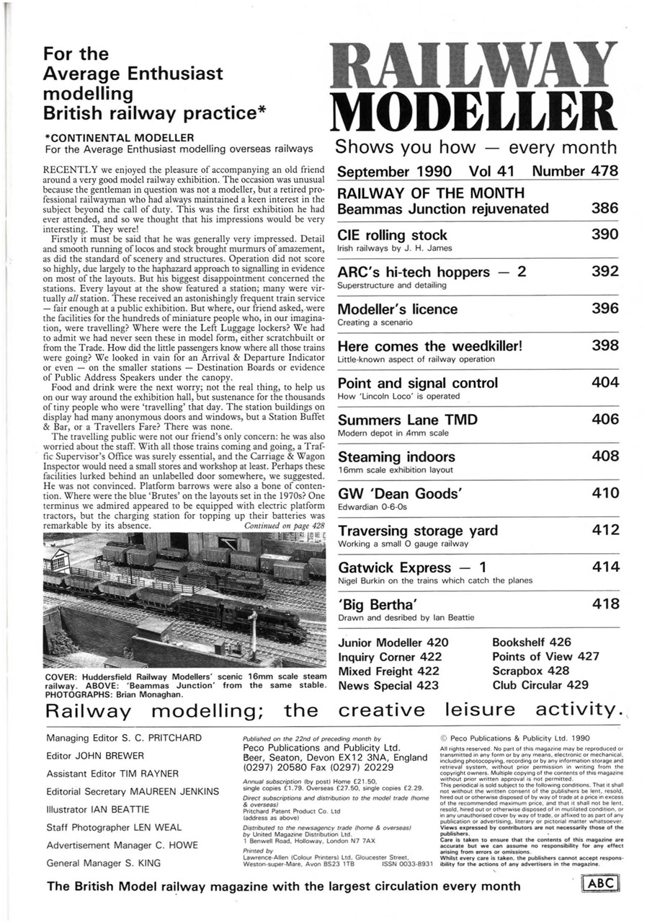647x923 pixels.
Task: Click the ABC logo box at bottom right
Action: click(x=603, y=884)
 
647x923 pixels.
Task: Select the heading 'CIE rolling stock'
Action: click(x=392, y=235)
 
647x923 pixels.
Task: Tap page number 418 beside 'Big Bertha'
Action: click(x=604, y=604)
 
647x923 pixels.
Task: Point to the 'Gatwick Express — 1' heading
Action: click(x=410, y=568)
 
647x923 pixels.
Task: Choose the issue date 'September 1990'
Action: click(x=394, y=172)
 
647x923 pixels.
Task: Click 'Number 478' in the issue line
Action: click(x=575, y=172)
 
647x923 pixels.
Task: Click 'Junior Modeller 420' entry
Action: click(x=393, y=642)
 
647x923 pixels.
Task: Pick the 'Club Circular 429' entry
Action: click(x=540, y=685)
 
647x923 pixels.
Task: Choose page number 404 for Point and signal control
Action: click(x=604, y=382)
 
